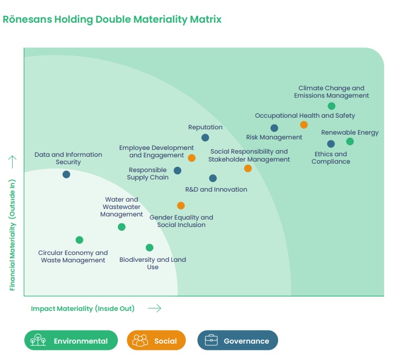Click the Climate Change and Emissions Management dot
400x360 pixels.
(x=331, y=106)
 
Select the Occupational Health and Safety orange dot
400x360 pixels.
(x=304, y=125)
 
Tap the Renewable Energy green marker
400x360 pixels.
(x=350, y=141)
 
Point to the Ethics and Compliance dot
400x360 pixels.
(x=331, y=144)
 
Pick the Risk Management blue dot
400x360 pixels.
(x=274, y=128)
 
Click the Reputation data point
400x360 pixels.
(x=205, y=138)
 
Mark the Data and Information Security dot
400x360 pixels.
(x=66, y=174)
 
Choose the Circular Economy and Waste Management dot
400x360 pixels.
(x=79, y=240)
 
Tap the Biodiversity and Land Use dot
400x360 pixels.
(x=150, y=248)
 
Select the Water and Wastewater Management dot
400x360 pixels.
(x=122, y=227)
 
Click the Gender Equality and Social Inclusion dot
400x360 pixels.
(x=181, y=205)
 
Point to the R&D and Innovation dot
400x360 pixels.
(x=212, y=178)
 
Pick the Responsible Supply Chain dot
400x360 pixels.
(x=178, y=170)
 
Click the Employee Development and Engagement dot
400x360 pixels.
(x=192, y=158)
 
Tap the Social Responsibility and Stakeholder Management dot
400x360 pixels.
(x=248, y=168)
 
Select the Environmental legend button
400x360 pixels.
(x=70, y=340)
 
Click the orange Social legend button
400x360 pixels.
(x=156, y=340)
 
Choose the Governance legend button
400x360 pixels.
(x=237, y=340)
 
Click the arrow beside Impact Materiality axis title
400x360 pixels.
(x=154, y=308)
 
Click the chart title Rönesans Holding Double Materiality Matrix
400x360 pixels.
(x=112, y=20)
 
